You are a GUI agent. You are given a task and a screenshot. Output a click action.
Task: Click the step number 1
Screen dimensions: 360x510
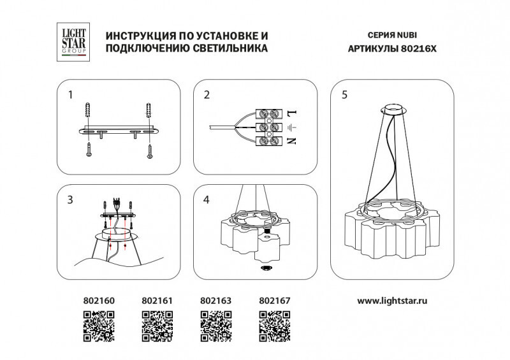(x=71, y=96)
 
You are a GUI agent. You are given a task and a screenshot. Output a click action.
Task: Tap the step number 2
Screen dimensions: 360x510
(x=207, y=96)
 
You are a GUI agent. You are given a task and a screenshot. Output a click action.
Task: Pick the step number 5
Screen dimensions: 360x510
(x=344, y=96)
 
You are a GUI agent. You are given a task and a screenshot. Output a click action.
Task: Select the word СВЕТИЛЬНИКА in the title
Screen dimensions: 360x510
(x=223, y=48)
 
